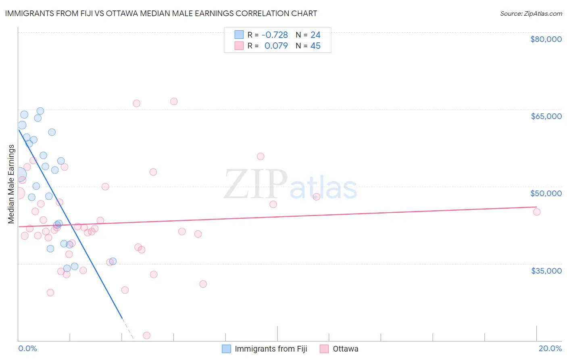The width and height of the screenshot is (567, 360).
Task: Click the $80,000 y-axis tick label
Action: click(546, 39)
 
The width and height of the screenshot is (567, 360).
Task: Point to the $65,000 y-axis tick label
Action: click(546, 116)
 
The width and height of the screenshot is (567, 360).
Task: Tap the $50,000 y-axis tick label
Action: click(546, 193)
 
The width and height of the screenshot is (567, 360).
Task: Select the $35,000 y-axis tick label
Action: click(546, 270)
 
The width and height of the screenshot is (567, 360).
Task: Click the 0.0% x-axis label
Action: click(27, 348)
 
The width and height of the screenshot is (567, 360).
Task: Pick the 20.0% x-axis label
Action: click(550, 348)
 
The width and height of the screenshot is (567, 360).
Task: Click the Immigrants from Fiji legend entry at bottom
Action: click(271, 349)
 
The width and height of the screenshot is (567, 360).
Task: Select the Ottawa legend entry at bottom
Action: click(345, 349)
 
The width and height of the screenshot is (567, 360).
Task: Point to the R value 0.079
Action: click(276, 46)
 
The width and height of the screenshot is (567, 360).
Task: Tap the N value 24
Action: click(315, 35)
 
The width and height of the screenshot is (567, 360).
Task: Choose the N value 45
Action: click(315, 46)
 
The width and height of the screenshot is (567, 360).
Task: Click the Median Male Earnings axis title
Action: click(11, 184)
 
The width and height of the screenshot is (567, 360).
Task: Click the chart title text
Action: click(161, 13)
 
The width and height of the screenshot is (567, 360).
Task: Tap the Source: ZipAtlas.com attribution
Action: click(531, 14)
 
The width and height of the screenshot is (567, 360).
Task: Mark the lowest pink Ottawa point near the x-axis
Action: click(147, 335)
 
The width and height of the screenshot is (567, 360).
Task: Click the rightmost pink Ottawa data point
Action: click(537, 212)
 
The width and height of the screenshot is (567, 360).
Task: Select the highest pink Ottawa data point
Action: click(174, 101)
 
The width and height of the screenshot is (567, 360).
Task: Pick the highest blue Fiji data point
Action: click(40, 111)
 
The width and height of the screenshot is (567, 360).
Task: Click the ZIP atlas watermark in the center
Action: click(290, 185)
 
